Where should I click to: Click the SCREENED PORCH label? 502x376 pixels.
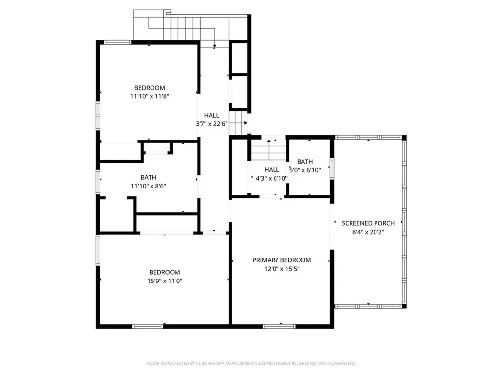pos(368,223)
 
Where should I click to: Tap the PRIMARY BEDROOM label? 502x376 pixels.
pos(281,260)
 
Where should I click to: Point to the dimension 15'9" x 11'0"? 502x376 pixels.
pos(165,281)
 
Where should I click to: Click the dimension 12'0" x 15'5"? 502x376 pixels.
pos(281,269)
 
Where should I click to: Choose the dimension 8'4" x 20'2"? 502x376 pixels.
pos(368,232)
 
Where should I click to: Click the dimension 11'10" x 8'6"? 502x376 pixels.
pos(148,186)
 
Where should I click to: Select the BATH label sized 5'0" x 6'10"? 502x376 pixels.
pos(305,162)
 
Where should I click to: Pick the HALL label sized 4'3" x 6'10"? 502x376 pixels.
pos(272,170)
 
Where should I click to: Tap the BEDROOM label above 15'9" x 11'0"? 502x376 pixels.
pos(165,272)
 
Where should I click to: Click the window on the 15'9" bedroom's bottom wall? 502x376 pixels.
pos(148,326)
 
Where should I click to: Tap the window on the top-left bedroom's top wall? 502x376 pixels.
pos(118,42)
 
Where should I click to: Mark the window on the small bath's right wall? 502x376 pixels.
pos(332,168)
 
